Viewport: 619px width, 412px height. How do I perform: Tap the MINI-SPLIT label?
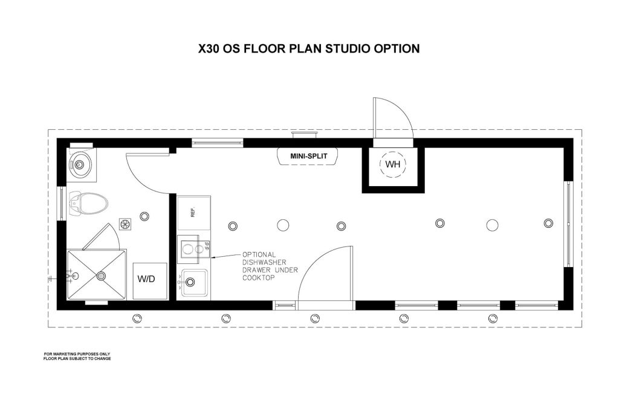coord(309,156)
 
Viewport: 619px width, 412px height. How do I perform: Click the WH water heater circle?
coord(393,164)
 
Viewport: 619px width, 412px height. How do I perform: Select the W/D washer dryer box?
coord(150,280)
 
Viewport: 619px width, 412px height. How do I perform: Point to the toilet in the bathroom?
coord(88,203)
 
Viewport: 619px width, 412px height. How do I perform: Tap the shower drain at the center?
coord(102,276)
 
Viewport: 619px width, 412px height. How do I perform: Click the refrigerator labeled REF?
coord(193,213)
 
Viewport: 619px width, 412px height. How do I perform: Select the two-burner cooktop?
coord(193,249)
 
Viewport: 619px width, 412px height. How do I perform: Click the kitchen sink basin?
coord(194,282)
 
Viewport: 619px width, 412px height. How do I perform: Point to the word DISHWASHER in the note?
coord(265,262)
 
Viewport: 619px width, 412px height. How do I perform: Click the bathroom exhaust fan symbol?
coord(126,224)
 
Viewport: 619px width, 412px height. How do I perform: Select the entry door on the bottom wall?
coord(325,278)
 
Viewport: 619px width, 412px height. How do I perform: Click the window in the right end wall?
coord(568,224)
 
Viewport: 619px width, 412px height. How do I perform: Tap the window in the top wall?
coord(218,143)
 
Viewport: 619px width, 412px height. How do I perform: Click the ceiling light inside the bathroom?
coord(144,216)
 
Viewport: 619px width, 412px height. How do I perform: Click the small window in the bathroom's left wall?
coord(62,203)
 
